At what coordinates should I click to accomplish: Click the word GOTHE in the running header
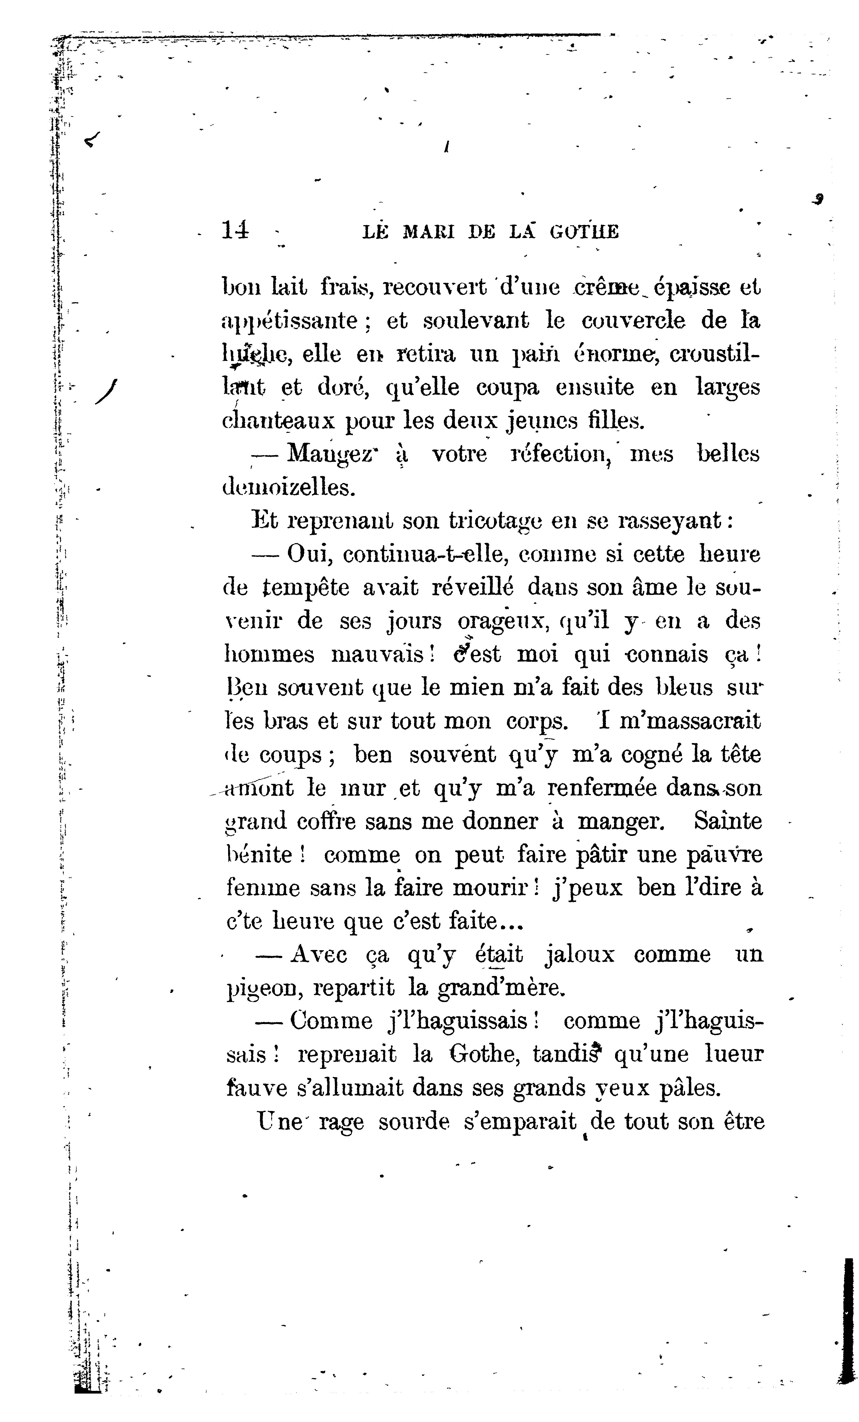pos(584,232)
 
